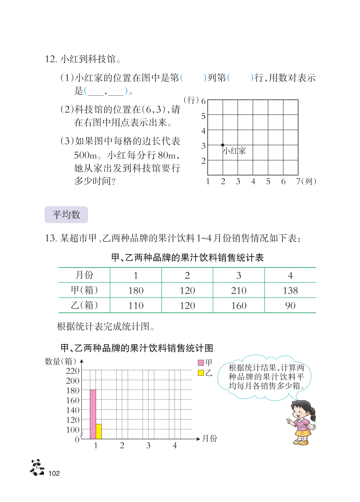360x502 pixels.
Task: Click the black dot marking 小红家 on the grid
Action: (223, 145)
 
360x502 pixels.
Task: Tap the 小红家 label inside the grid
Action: (234, 151)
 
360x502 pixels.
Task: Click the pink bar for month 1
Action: (93, 414)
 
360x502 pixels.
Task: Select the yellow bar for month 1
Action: (99, 431)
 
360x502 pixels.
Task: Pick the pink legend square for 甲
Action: (201, 362)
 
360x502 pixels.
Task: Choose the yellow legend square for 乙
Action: (201, 373)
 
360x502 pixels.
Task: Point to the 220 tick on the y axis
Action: (73, 371)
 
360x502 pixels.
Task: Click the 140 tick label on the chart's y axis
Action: (73, 410)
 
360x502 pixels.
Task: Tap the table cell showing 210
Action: (239, 290)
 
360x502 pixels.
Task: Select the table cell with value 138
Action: (290, 290)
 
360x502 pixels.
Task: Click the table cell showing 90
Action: (290, 305)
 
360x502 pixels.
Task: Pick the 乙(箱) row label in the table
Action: (84, 305)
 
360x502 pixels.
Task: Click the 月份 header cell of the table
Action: (84, 275)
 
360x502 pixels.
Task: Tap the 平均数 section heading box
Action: (66, 215)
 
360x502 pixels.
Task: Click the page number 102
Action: (54, 473)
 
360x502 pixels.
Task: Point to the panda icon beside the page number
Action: (37, 467)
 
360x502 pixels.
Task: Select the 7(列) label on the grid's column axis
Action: (306, 181)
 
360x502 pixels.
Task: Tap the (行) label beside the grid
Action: (191, 100)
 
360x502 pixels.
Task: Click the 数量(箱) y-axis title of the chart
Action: (61, 361)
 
